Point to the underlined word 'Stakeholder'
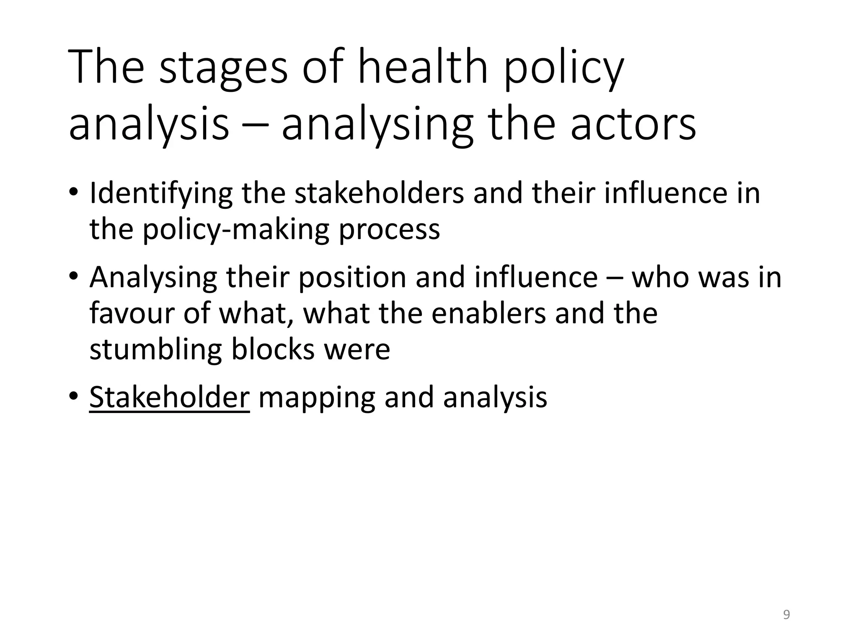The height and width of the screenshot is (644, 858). (169, 397)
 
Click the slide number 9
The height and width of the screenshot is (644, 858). (786, 615)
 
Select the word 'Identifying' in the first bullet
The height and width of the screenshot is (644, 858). (161, 194)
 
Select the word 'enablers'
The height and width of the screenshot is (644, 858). (488, 313)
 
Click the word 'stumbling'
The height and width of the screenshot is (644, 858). (155, 349)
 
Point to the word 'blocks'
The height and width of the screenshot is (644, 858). (273, 349)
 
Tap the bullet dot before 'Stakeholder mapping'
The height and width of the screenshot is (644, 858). (74, 396)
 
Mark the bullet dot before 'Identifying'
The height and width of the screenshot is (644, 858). (74, 192)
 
